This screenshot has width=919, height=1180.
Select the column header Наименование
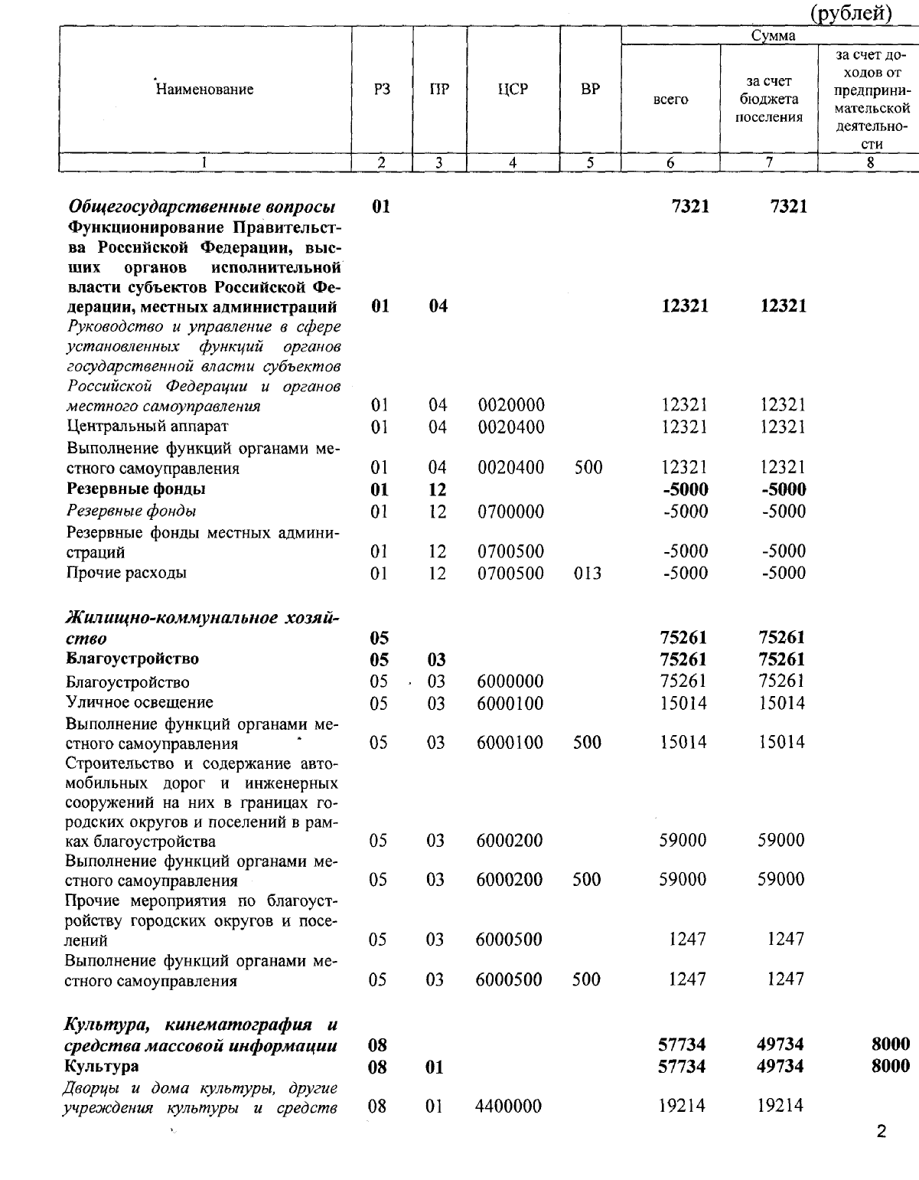pos(204,90)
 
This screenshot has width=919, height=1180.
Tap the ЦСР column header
pos(513,89)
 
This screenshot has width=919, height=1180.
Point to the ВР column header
pos(590,89)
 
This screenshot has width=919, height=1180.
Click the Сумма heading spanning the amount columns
pos(773,35)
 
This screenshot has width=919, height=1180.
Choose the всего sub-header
pos(670,100)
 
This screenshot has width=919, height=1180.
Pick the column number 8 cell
pos(871,162)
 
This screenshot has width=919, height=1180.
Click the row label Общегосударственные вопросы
pos(202,207)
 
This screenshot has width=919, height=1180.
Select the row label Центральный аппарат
pos(148,426)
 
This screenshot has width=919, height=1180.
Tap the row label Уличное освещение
pos(140,702)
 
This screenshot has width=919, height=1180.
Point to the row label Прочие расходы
pos(127,573)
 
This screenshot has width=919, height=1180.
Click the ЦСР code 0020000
pos(511,405)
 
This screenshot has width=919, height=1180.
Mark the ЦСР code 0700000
pos(511,512)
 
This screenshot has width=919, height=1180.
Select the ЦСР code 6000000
pos(510,682)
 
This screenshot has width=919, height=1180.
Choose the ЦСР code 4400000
pos(509,1106)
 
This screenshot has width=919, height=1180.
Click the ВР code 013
pos(588,573)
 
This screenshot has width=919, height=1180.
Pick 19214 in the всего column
pos(683,1106)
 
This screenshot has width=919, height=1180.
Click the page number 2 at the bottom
pos(881,1132)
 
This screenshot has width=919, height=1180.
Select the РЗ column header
pos(382,89)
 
